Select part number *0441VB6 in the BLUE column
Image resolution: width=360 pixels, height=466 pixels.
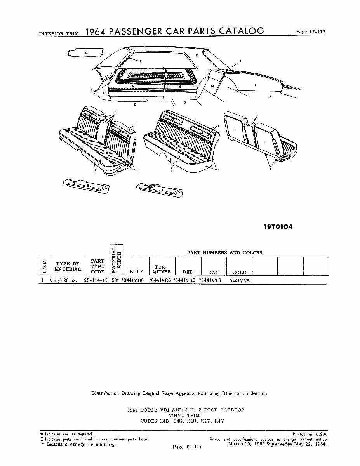[x=132, y=280]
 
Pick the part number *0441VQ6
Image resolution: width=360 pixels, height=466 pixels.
[x=160, y=280]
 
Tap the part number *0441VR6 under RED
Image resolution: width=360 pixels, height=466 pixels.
[x=184, y=280]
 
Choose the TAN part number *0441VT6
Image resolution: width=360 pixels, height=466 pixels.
[x=210, y=280]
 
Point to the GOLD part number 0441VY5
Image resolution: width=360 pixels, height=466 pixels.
[x=239, y=280]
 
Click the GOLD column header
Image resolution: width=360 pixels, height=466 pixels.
[x=239, y=273]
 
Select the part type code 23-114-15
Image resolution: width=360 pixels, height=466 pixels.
[x=96, y=280]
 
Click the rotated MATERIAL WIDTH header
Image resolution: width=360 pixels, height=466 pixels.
[x=117, y=260]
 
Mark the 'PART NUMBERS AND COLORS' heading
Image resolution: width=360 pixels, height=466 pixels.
[x=224, y=253]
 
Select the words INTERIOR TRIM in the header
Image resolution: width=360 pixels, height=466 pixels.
[x=59, y=34]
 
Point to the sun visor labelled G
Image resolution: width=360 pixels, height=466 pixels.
[x=86, y=52]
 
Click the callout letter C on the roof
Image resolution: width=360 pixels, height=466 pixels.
[x=197, y=56]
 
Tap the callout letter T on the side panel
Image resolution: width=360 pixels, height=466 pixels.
[x=255, y=85]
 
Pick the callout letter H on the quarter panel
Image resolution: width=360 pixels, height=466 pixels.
[x=212, y=86]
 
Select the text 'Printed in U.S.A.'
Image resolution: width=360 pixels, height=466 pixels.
[x=310, y=434]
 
